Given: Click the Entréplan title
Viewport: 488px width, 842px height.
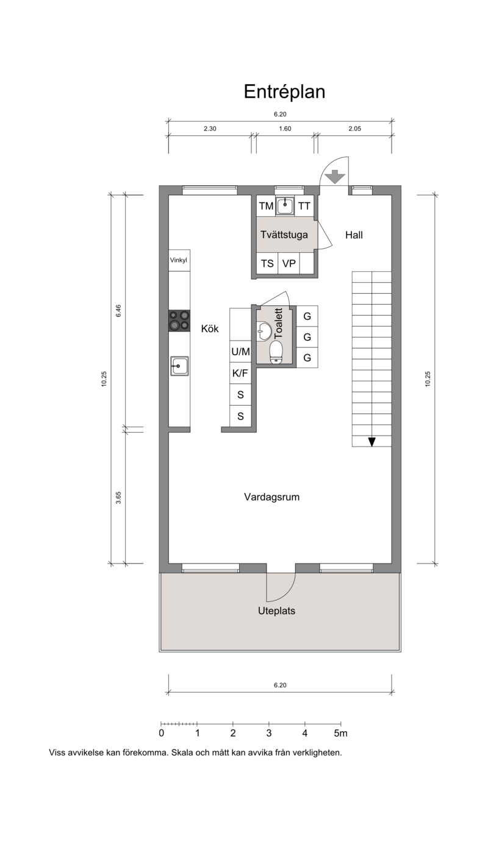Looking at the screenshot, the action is coord(284,92).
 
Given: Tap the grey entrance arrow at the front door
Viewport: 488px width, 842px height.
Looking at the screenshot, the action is coord(335,177).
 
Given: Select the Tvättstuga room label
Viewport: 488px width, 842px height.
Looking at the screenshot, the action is coord(284,235).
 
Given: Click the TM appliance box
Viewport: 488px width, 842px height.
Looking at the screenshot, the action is coord(266,206).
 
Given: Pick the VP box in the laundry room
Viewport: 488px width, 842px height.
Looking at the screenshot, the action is coord(289,263).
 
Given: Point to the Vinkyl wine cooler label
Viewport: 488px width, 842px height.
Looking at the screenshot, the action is coord(178,260).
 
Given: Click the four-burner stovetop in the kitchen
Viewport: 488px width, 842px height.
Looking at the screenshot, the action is coord(179,320).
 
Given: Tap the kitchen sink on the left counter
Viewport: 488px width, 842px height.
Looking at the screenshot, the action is coord(179,366).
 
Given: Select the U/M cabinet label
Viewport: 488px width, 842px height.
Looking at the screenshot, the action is coord(240,352).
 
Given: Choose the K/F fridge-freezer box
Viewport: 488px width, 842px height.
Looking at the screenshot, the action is coord(240,373).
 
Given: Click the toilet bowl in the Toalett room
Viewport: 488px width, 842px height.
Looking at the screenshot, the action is coord(276,353).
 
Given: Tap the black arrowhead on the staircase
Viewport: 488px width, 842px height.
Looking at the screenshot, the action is coord(371,442).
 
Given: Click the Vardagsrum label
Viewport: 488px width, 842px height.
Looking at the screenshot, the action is coord(271,497).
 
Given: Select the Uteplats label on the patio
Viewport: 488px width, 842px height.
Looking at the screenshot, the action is coord(276,611).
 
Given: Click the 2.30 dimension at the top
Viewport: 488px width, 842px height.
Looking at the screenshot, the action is coord(210,129).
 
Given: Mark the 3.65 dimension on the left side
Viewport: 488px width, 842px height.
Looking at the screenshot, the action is coord(118,497).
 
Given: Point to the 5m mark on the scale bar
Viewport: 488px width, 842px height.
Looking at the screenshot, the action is coord(341,733).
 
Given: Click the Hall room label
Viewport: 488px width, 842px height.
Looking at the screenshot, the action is coord(354,235).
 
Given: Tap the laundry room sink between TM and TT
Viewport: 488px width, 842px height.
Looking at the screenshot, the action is coord(285,205).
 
